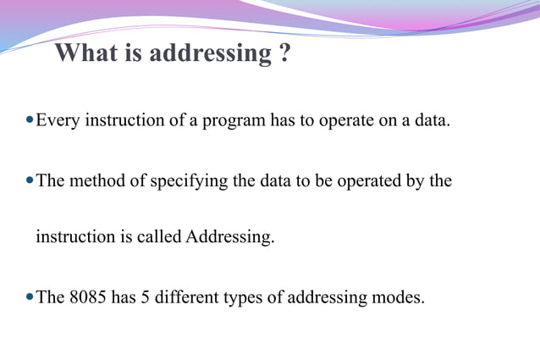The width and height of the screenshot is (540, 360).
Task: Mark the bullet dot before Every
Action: click(x=30, y=121)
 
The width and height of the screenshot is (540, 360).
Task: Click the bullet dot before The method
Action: click(x=30, y=181)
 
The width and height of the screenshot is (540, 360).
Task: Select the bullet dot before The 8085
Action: click(x=30, y=297)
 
